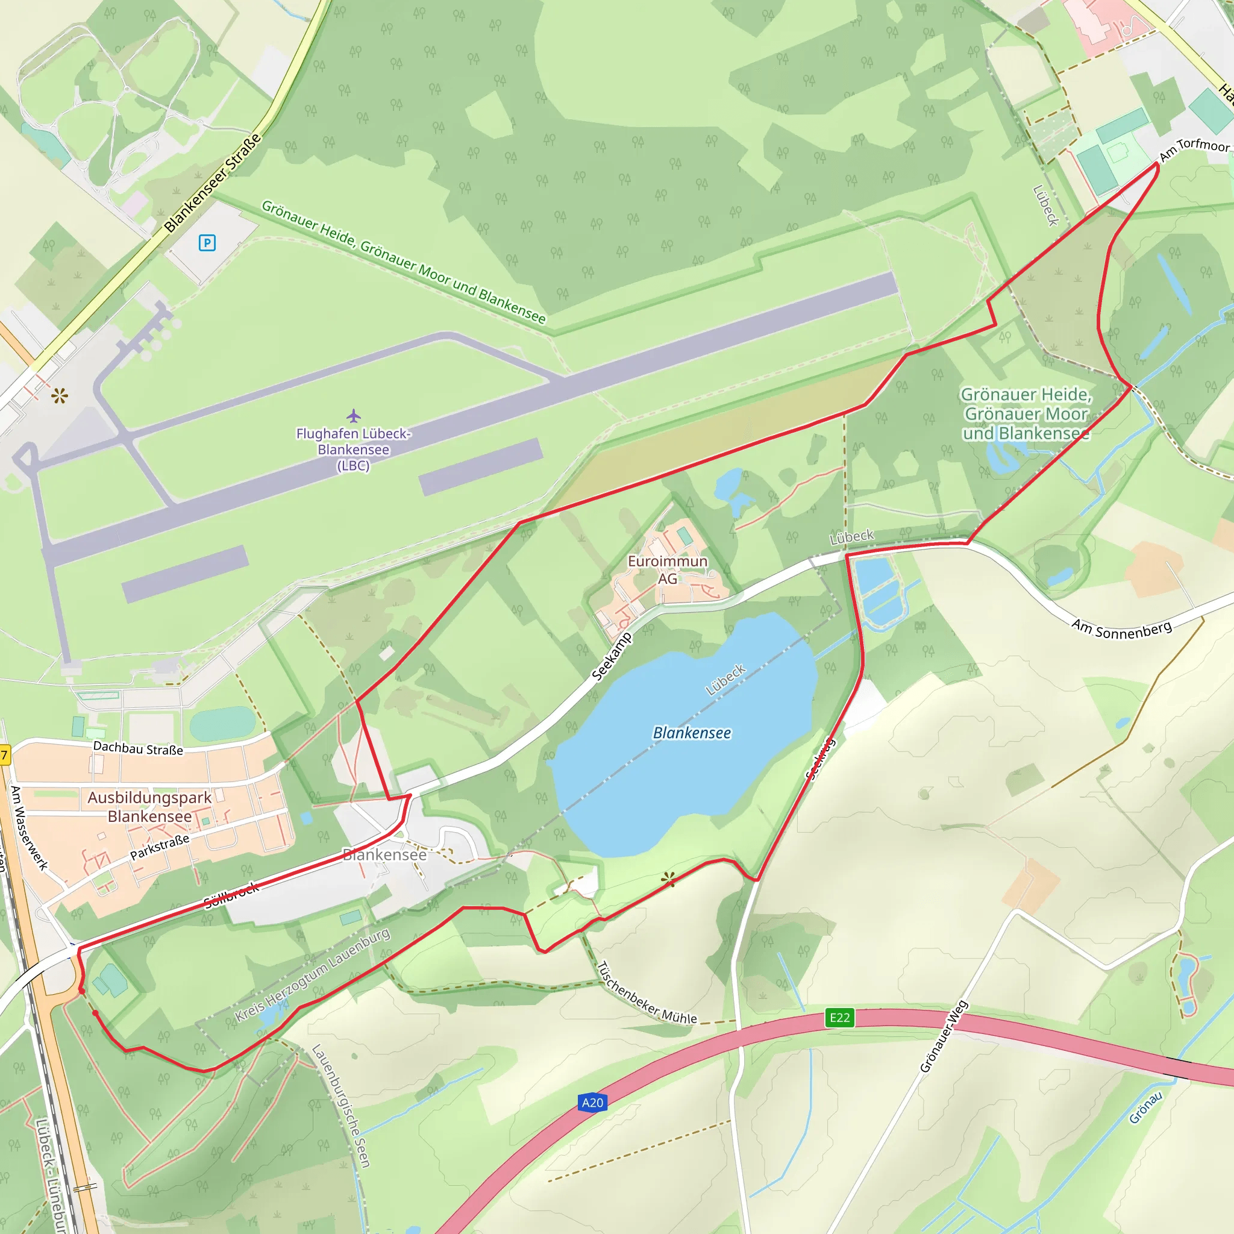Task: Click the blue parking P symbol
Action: [207, 243]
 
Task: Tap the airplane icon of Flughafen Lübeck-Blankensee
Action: [354, 416]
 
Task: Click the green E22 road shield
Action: [839, 1017]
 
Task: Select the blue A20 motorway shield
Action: [592, 1102]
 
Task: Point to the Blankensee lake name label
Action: [692, 733]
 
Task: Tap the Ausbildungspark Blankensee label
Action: [149, 807]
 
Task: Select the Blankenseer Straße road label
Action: [213, 183]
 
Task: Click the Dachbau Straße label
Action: [138, 748]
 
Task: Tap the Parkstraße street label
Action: [160, 847]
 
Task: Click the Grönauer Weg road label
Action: [944, 1036]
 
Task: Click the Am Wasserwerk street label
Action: [30, 828]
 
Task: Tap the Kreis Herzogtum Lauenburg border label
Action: [312, 975]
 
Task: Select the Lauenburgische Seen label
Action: [340, 1106]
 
